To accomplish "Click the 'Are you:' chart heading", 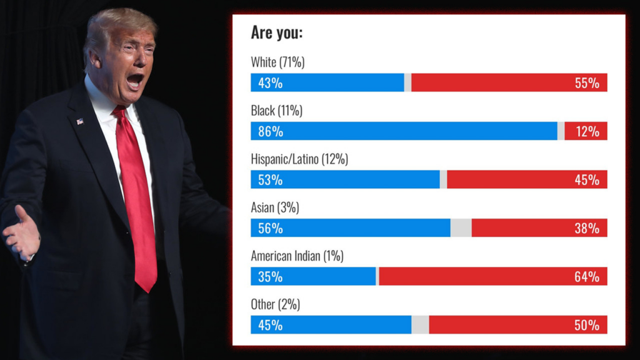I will [x=276, y=32].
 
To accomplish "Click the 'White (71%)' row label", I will [x=277, y=62].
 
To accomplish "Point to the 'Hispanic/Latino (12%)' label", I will [x=299, y=159].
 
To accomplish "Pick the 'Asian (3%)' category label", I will [x=275, y=207].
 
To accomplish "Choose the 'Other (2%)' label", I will [x=275, y=304].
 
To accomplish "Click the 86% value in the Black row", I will [x=271, y=131].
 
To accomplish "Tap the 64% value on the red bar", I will [x=587, y=276].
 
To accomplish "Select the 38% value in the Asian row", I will [x=587, y=228].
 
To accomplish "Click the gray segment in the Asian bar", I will [x=461, y=228].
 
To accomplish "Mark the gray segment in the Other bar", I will [x=420, y=325].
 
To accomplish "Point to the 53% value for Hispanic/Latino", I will [x=271, y=180].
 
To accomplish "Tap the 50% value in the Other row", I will [x=587, y=325].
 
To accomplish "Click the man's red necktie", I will [x=137, y=200].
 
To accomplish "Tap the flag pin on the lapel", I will [x=80, y=121].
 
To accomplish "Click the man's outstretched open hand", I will [x=22, y=236].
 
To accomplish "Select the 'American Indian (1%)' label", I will [x=297, y=256].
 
